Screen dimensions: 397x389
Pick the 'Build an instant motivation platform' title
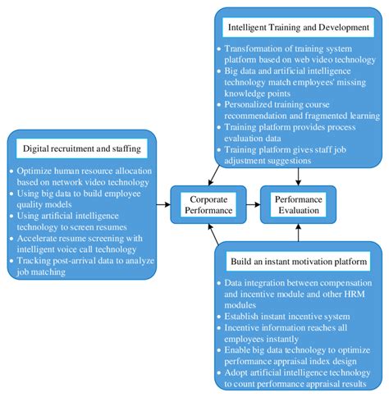tap(299, 262)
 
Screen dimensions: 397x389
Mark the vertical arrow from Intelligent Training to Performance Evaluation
tap(298, 176)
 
